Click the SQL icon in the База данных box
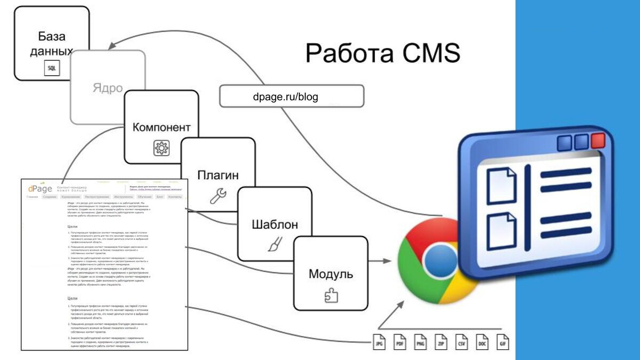[51, 68]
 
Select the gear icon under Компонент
[161, 148]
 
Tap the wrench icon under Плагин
[218, 196]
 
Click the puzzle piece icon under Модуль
[331, 295]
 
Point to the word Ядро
[108, 88]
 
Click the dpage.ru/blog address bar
[292, 97]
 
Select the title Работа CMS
[382, 53]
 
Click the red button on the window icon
[598, 141]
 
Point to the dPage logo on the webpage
[41, 189]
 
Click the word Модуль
[331, 274]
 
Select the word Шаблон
[274, 225]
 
